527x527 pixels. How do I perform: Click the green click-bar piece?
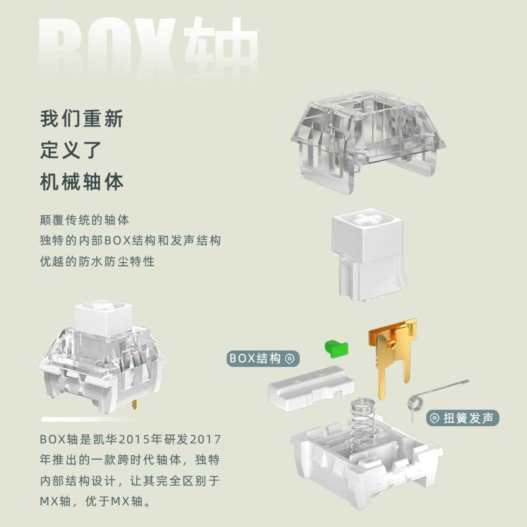[337, 349]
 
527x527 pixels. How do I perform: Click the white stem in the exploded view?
[369, 254]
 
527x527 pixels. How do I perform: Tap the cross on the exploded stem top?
[367, 219]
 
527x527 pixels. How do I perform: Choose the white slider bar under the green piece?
[311, 389]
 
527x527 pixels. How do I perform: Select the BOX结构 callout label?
[263, 358]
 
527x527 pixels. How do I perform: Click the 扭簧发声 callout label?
[463, 418]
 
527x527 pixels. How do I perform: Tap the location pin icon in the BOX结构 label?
[289, 359]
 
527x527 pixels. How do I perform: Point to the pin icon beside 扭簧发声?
[435, 418]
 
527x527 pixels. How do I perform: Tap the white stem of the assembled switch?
[103, 318]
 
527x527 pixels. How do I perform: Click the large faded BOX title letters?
[107, 49]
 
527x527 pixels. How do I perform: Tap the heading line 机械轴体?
[82, 182]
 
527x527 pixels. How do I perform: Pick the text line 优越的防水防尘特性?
[97, 262]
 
